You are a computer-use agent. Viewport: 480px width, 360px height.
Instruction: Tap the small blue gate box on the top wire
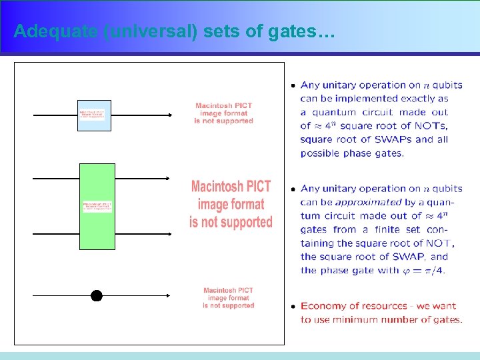94,115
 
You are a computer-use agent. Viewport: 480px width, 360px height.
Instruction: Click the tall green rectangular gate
97,207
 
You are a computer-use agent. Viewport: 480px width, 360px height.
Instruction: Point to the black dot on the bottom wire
97,296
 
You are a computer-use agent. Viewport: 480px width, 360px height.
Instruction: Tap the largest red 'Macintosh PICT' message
231,204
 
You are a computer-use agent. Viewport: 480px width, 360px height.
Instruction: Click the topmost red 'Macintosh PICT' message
224,113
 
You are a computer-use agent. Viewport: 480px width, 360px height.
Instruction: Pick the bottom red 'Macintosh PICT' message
229,298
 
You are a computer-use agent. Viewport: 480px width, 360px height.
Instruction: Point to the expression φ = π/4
421,270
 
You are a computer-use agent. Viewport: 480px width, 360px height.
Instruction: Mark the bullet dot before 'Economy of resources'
293,307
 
